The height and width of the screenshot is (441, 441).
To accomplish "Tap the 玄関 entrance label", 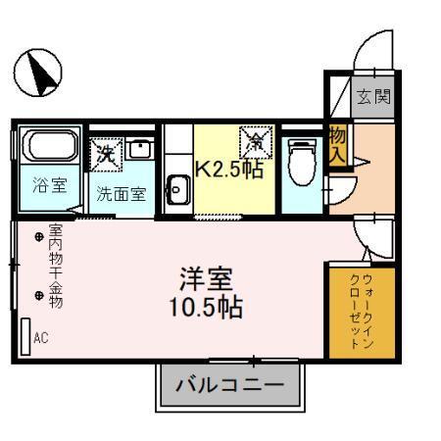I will click(x=372, y=97).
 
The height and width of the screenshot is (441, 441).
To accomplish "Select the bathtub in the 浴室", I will click(x=50, y=148).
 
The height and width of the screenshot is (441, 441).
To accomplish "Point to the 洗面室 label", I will click(x=121, y=193).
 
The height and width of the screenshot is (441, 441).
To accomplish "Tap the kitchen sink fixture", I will click(x=177, y=189).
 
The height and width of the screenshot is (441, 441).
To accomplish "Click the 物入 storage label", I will click(x=338, y=144).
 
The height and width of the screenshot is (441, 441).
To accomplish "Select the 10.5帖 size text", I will click(x=204, y=307).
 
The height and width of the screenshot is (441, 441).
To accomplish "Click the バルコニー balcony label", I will click(x=229, y=383).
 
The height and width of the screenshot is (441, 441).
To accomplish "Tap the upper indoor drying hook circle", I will click(x=39, y=236).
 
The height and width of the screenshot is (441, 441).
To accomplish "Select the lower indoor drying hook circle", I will click(x=39, y=295).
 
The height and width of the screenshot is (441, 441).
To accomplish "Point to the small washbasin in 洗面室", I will click(x=139, y=151).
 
